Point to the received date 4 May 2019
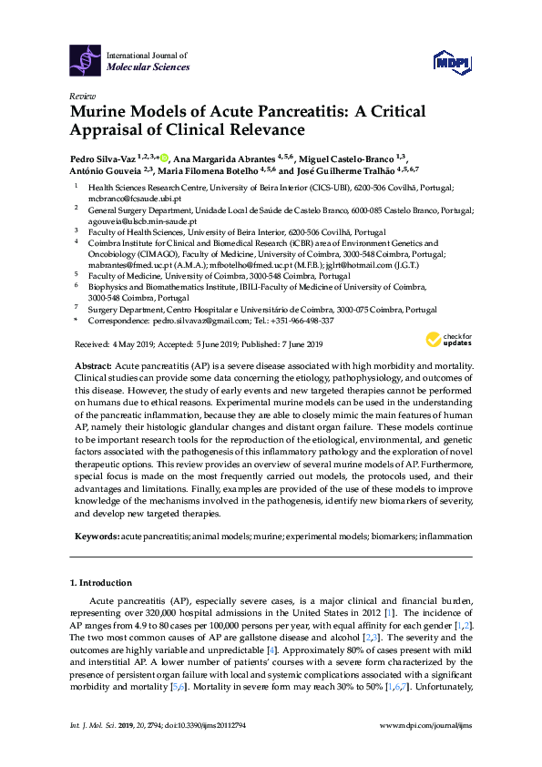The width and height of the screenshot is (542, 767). click(123, 344)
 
